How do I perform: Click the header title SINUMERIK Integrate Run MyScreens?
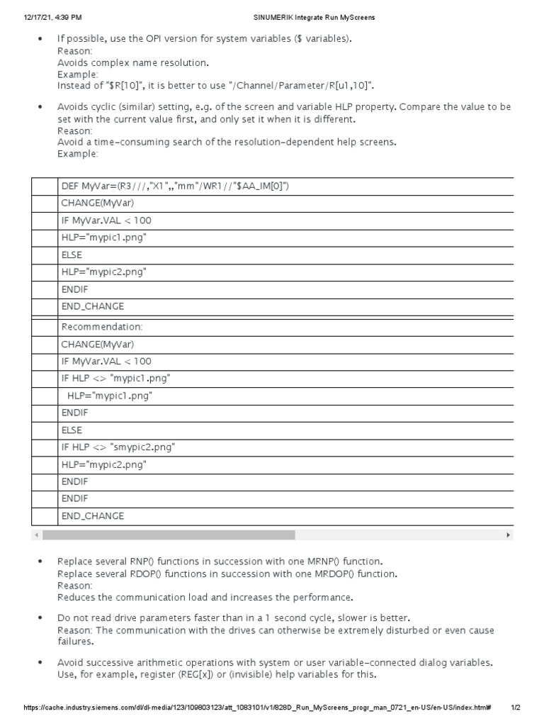(x=315, y=16)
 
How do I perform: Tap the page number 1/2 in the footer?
(x=516, y=708)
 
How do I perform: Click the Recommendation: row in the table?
(x=102, y=327)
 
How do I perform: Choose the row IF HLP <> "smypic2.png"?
(x=118, y=447)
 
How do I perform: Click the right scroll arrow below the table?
(x=508, y=535)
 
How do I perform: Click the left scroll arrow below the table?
(x=36, y=535)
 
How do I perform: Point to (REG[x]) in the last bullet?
(x=204, y=674)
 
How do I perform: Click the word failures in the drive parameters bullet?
(x=75, y=641)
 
